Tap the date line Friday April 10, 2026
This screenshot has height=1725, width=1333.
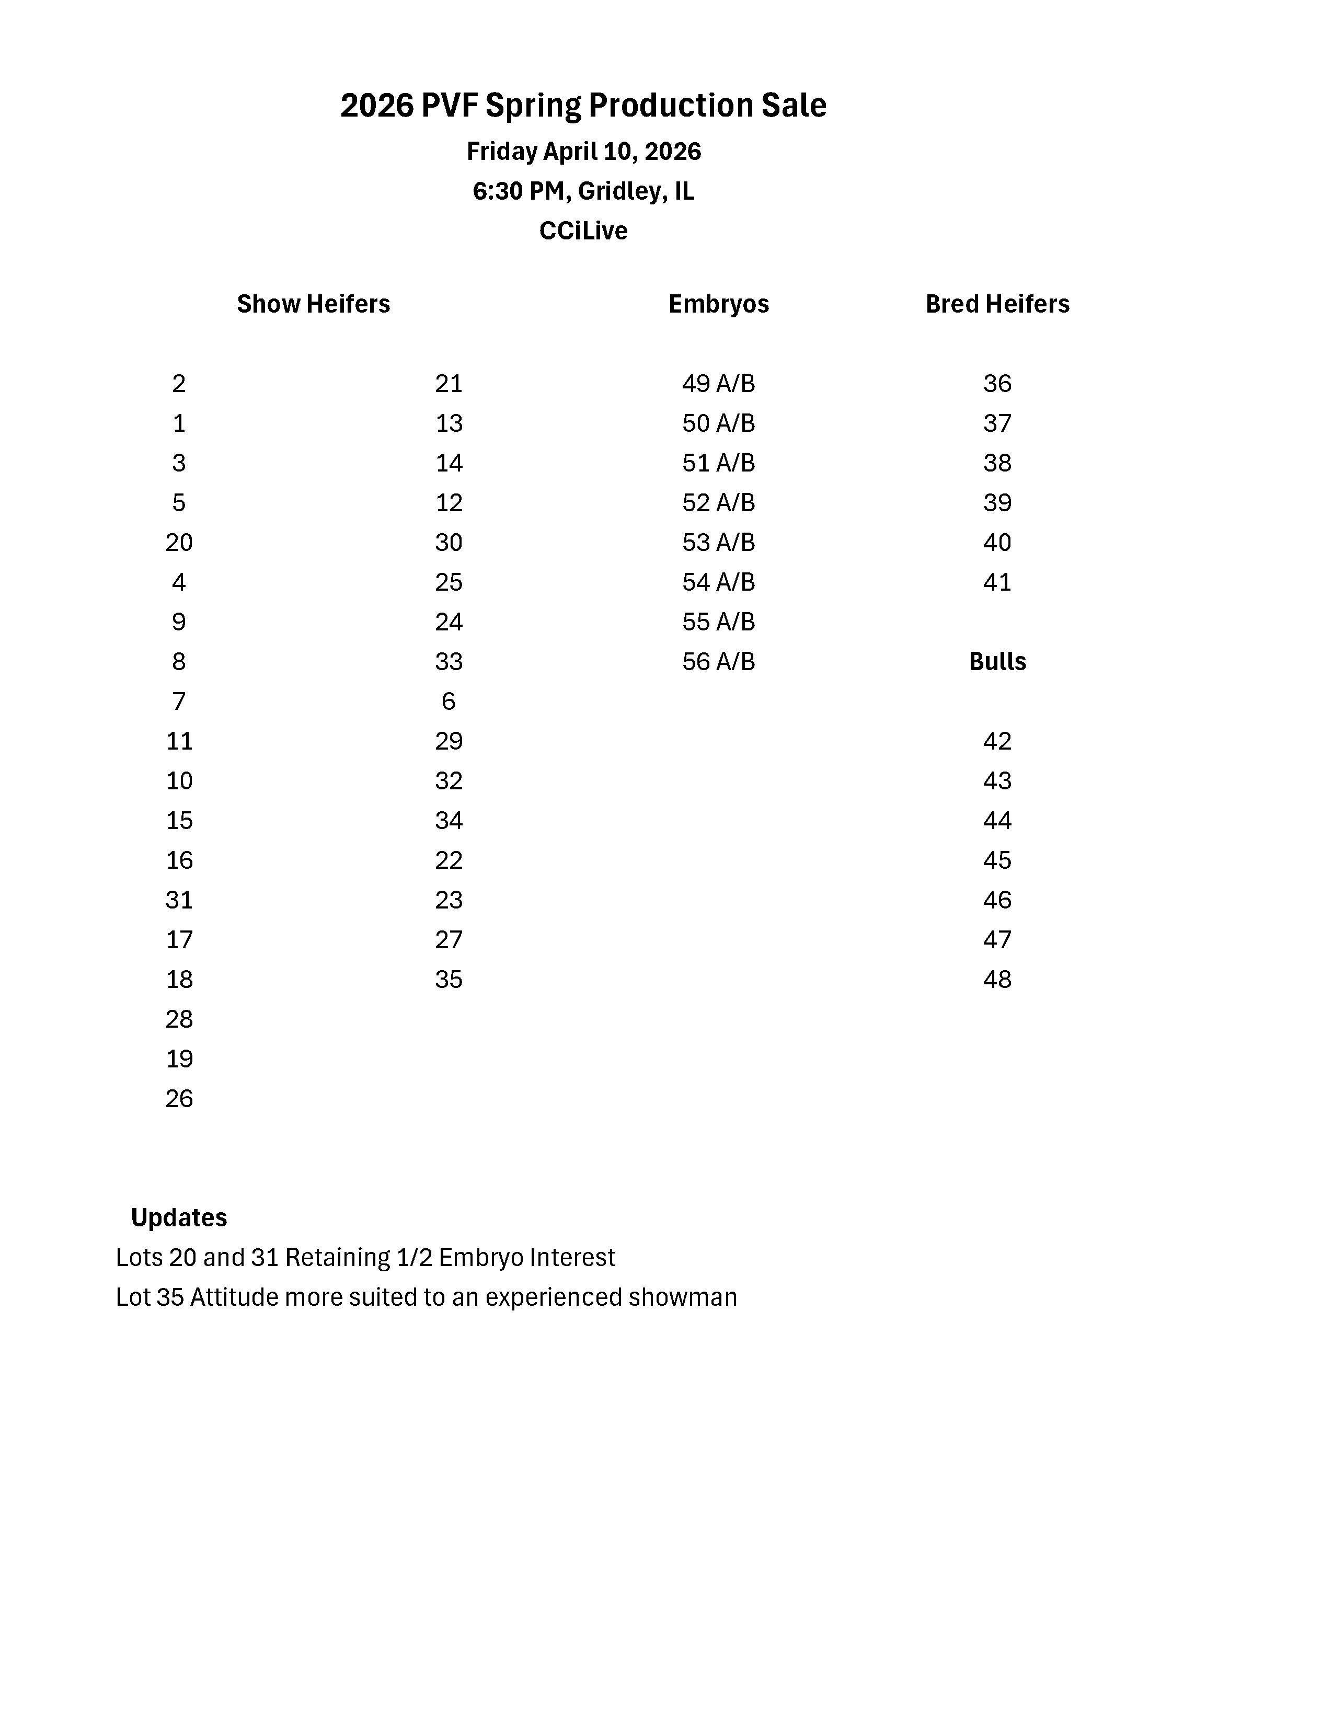583,151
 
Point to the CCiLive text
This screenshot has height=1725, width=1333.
583,231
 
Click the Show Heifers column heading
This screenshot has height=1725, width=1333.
314,304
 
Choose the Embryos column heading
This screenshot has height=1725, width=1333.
719,304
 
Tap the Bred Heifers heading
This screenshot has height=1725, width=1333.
997,304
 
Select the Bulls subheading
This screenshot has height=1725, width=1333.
997,662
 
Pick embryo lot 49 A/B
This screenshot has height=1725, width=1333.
719,384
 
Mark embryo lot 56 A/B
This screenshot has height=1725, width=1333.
719,662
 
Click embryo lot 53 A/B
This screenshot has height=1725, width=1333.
719,543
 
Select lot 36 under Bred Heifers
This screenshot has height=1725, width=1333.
997,384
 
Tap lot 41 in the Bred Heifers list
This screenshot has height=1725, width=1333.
997,583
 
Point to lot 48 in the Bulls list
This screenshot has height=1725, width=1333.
997,980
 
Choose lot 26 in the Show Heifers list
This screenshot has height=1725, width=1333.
179,1099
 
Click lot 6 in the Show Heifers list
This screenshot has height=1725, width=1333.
449,701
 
